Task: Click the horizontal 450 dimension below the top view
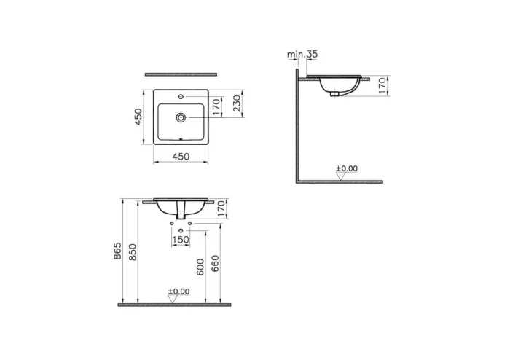coord(181,156)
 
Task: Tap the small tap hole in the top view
coord(181,97)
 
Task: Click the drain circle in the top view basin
coord(181,115)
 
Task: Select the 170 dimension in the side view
coord(382,86)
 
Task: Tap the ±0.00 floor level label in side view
coord(347,169)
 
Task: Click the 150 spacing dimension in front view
coord(180,240)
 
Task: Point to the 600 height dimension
coord(201,267)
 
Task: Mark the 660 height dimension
coord(216,267)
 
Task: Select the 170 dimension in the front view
coord(222,208)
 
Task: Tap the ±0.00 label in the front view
coord(178,291)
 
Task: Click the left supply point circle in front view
coord(172,223)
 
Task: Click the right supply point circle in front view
coord(189,223)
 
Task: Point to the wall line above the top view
coord(181,74)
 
